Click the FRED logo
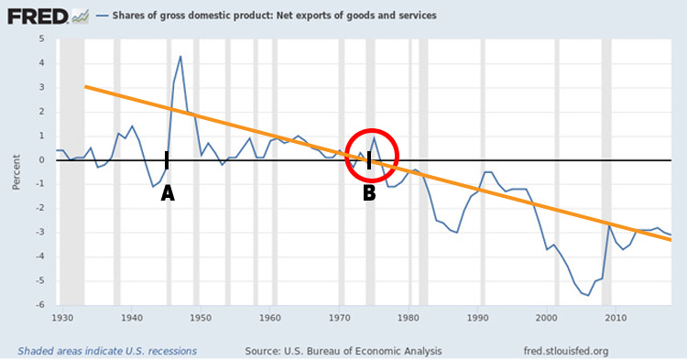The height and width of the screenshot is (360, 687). [x=29, y=16]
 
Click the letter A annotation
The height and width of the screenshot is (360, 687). [x=167, y=193]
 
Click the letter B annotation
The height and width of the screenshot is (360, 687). [x=369, y=193]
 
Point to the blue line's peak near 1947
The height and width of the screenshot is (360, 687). [x=180, y=57]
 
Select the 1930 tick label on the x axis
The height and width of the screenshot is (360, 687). [x=62, y=318]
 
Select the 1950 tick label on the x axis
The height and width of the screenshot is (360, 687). [x=201, y=318]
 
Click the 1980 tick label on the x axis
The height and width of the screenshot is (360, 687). [x=409, y=318]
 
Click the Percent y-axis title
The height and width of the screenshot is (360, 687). [x=16, y=172]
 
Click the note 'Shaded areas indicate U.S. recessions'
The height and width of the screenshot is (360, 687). [x=108, y=350]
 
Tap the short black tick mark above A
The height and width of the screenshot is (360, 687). [x=167, y=161]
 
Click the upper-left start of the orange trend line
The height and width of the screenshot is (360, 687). [x=85, y=86]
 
